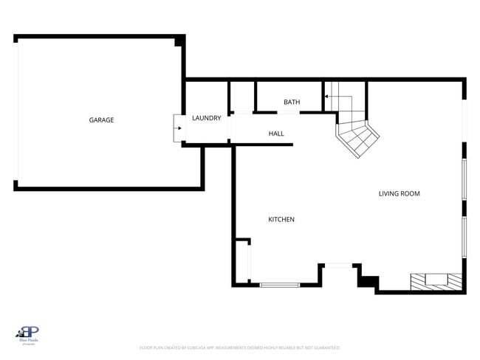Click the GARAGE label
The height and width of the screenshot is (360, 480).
point(101,120)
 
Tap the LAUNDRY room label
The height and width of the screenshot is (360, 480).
point(206,118)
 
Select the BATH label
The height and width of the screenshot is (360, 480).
point(292,102)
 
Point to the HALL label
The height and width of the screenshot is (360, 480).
point(276,134)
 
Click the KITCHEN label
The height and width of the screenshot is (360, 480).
point(281,219)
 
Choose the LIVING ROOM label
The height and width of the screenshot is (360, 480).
point(399,194)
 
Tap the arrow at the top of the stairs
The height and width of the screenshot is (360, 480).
point(325,95)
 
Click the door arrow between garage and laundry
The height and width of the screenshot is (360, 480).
point(177,128)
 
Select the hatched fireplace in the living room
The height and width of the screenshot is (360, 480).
point(436,281)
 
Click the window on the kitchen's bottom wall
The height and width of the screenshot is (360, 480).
point(279,285)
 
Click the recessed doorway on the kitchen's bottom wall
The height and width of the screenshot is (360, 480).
point(339,266)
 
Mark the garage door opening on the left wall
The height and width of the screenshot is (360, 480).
point(16,112)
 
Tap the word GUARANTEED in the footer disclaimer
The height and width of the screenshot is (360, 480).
point(326,347)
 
